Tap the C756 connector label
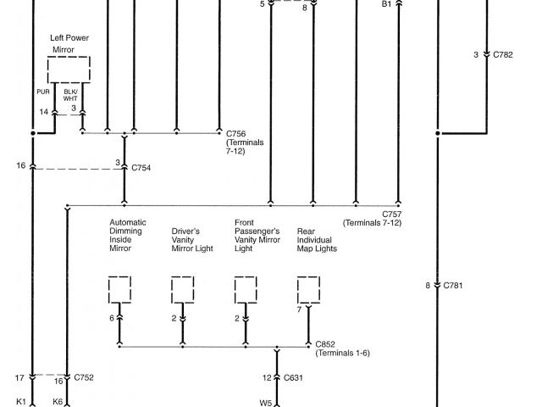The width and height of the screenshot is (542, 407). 237,132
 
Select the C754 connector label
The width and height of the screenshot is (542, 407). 141,168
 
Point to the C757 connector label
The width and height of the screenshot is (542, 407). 391,214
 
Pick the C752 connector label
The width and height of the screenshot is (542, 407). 84,377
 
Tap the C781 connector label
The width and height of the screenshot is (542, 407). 455,285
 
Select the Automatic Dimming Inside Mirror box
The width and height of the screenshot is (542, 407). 119,289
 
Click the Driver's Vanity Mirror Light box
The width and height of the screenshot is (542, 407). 182,289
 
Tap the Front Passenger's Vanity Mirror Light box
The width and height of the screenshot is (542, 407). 246,289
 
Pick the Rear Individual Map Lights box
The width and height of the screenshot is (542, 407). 309,289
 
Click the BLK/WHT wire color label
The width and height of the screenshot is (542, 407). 71,95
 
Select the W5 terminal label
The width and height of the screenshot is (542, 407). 265,403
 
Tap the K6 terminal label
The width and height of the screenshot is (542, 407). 57,403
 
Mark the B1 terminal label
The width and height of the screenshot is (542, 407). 386,4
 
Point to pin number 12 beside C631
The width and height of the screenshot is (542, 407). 267,377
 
